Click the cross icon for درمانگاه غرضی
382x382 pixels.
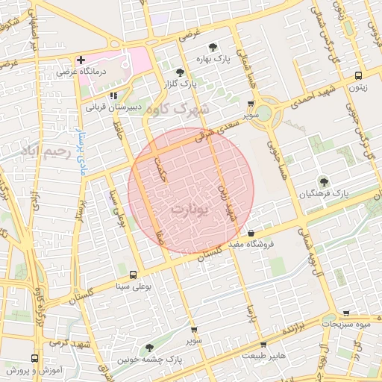point(81,60)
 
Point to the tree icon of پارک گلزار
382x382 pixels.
point(180,72)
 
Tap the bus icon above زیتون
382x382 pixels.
point(360,75)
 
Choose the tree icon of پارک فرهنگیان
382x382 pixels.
point(322,181)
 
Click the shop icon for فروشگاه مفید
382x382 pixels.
point(251,234)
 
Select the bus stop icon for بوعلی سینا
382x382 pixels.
point(134,274)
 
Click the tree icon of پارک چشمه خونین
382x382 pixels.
point(151,348)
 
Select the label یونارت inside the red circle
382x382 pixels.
point(187,208)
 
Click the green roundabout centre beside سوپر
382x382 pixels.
point(267,110)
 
